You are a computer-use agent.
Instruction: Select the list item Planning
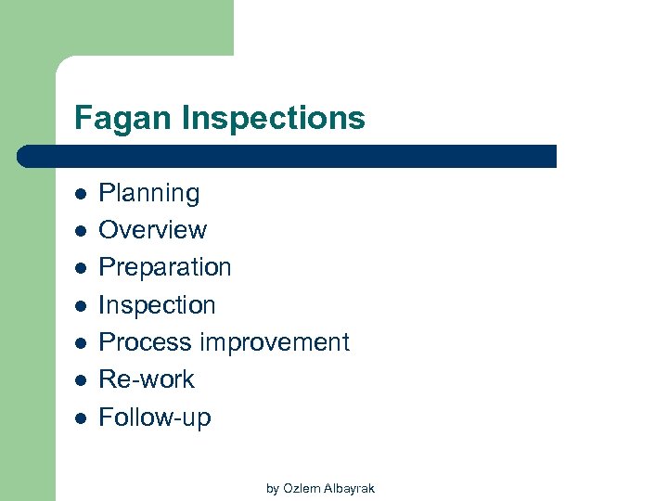click(x=148, y=194)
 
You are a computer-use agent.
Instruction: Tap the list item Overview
click(x=152, y=230)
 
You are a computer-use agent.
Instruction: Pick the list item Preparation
click(x=164, y=267)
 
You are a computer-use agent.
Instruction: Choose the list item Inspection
click(x=157, y=305)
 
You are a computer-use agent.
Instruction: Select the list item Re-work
click(x=147, y=379)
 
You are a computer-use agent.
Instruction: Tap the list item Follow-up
click(x=154, y=417)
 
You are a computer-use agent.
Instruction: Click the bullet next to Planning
click(x=81, y=194)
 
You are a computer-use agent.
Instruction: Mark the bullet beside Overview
click(x=81, y=231)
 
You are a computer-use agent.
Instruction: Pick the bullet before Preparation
click(x=81, y=268)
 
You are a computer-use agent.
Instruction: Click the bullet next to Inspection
click(x=81, y=305)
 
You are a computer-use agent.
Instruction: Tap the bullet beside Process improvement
click(x=81, y=343)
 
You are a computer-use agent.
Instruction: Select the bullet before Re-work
click(x=81, y=380)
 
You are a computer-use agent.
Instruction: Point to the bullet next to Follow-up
click(x=81, y=417)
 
